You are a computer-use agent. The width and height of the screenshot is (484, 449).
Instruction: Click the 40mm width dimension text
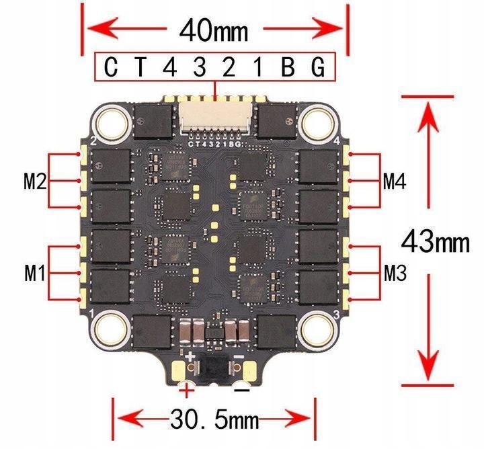click(214, 30)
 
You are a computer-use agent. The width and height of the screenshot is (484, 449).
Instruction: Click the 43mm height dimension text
click(436, 240)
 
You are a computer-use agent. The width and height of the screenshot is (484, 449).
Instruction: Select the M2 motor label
click(35, 181)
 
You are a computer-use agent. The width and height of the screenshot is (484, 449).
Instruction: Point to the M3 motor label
click(397, 273)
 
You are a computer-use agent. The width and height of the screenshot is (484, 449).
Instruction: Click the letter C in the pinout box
click(112, 67)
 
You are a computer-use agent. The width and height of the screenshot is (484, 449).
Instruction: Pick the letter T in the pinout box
click(140, 67)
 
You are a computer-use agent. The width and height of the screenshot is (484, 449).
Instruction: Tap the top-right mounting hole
click(317, 122)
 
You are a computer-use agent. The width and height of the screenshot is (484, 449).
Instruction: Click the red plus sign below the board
click(186, 389)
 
